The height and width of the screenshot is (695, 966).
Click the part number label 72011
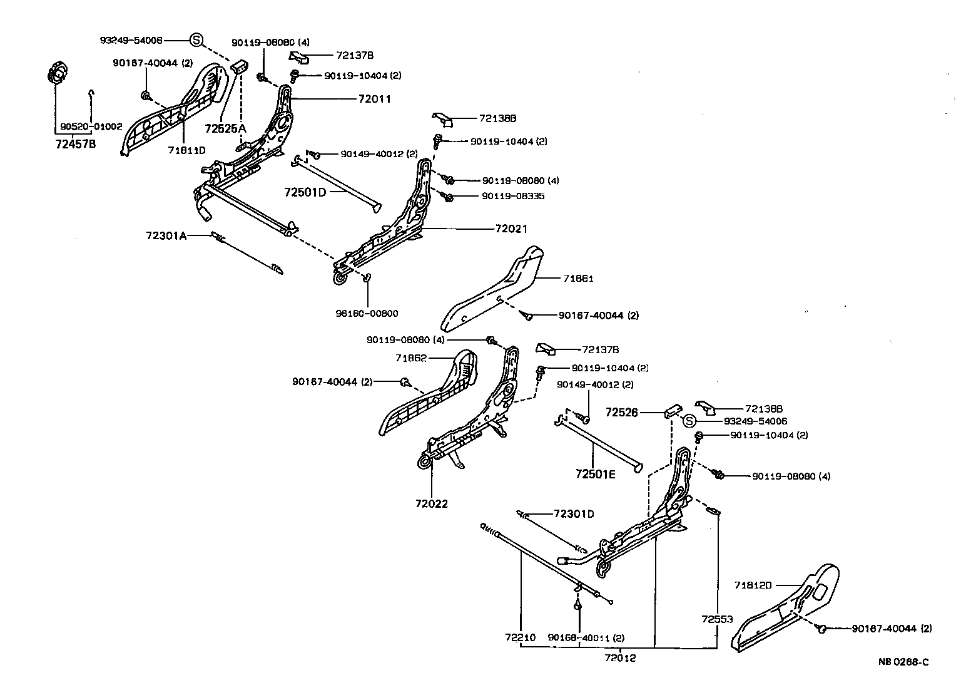374,99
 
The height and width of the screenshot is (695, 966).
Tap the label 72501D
305,192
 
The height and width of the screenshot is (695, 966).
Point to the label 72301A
166,235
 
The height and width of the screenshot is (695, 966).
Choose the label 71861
577,278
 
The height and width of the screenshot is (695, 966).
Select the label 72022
432,503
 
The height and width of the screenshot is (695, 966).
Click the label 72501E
596,474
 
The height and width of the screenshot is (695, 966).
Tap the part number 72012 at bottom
621,657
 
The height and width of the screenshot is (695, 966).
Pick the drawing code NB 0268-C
902,661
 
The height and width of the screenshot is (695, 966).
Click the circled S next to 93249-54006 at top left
196,40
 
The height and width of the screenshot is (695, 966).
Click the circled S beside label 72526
689,421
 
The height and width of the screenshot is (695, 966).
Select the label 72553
717,619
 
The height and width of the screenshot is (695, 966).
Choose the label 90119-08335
513,196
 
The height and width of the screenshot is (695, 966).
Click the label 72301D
574,514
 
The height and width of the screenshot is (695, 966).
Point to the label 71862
411,358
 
